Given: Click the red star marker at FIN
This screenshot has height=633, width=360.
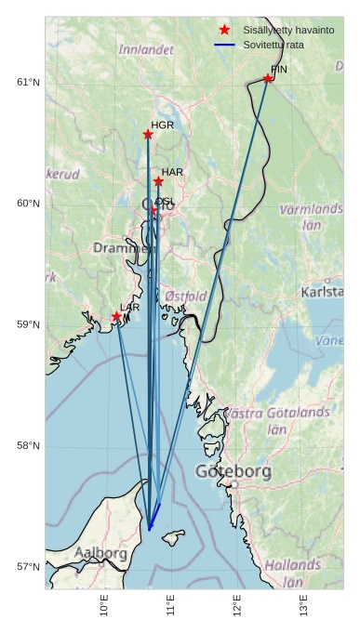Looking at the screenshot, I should [x=268, y=79].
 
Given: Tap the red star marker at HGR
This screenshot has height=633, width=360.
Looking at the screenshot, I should [x=148, y=135].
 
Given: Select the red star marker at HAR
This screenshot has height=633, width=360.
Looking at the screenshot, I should [x=158, y=181].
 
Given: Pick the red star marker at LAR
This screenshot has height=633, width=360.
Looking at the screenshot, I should [x=116, y=317].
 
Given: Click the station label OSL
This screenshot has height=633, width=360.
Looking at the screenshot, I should [x=165, y=202].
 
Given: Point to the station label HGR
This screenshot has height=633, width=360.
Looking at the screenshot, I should [x=163, y=125].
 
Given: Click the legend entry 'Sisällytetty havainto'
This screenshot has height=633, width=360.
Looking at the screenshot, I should [x=287, y=31].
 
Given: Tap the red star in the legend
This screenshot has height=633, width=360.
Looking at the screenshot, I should [x=224, y=31].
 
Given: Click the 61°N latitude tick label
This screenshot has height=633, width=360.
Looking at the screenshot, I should [x=29, y=83].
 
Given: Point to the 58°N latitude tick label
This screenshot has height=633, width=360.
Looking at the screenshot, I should [x=29, y=446].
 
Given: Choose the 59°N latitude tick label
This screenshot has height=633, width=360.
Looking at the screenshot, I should [x=29, y=325].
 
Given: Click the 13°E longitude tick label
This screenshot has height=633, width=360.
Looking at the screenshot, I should [x=304, y=605].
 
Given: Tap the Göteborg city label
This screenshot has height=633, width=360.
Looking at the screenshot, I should [x=233, y=472].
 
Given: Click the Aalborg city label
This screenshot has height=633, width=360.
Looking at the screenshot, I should [x=100, y=553].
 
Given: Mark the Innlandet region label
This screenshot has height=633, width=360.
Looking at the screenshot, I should [x=146, y=49].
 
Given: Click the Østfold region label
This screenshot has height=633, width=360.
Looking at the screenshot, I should [x=185, y=297].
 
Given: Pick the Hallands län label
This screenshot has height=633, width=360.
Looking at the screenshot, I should [x=294, y=573].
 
